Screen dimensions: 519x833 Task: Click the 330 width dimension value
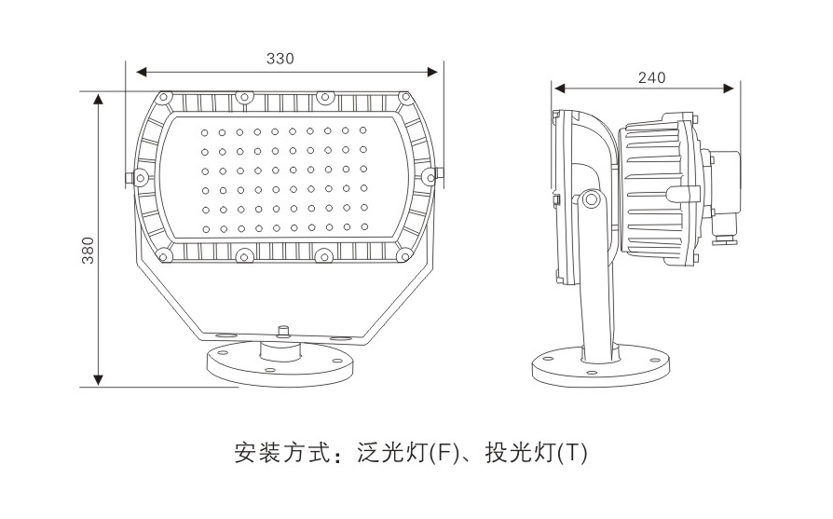tap(280, 58)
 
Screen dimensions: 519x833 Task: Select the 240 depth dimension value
tap(651, 77)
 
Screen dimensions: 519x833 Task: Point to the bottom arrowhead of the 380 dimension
tap(98, 379)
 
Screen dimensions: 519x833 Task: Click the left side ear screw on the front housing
tap(139, 176)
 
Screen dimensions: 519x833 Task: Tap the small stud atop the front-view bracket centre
tap(281, 330)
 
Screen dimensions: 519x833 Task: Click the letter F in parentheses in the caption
tap(444, 455)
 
